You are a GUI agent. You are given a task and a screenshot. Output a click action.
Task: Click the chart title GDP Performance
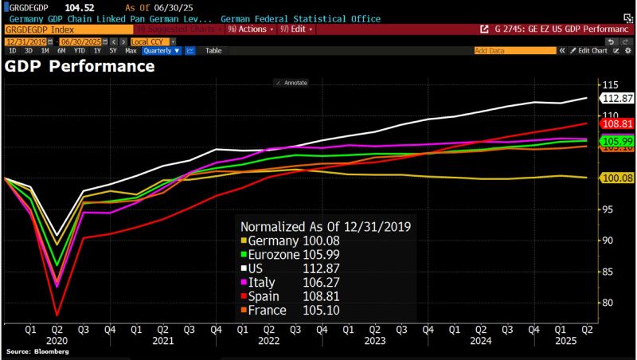(x=80, y=66)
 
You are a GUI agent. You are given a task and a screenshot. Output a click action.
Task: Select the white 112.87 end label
(x=616, y=98)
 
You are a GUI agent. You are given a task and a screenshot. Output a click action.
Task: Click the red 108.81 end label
(x=616, y=124)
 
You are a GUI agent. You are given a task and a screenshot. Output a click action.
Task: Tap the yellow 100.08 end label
(x=616, y=178)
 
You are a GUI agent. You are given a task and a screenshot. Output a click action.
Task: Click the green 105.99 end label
(x=616, y=141)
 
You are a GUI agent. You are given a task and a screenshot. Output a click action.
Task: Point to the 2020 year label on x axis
(x=57, y=340)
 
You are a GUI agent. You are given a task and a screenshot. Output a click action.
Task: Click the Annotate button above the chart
(x=291, y=82)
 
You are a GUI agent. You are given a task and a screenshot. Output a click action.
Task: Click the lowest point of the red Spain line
(x=57, y=315)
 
